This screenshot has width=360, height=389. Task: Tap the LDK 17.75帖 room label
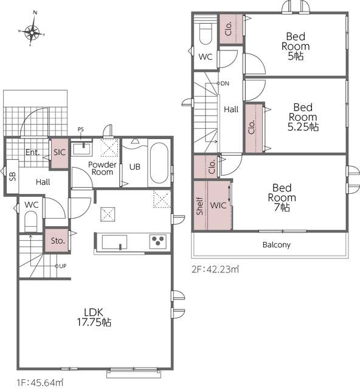point(94,317)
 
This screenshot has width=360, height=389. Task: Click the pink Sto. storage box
point(57,241)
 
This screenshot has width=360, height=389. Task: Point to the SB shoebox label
point(12,176)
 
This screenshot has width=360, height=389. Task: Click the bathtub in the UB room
point(159,163)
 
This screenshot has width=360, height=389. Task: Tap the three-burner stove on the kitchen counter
point(158,241)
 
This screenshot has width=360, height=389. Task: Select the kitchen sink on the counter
point(114,242)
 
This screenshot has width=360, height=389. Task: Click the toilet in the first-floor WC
point(31,221)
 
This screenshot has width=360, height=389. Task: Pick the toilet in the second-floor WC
point(206,34)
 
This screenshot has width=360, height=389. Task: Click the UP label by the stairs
point(63,266)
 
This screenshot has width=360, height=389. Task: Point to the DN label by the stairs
point(224,84)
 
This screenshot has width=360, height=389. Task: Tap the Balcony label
point(276,245)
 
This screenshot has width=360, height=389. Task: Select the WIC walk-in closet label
point(218,205)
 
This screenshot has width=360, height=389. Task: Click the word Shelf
point(200,206)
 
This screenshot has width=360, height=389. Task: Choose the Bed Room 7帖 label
point(282,198)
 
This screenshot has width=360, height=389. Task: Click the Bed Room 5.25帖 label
point(303,117)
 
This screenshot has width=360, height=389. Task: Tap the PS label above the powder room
point(81,129)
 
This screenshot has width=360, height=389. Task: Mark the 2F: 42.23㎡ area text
point(215,269)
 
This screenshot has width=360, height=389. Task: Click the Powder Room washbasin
point(81,150)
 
